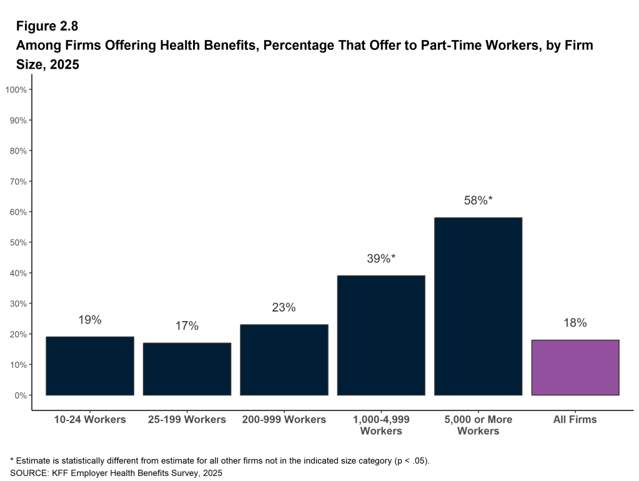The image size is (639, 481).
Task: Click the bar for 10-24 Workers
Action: coord(90,366)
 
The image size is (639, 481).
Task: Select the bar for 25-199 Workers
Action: coord(187,369)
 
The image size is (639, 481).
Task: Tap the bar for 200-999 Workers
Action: coord(284,360)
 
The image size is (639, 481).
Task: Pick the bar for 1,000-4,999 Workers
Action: coord(381,335)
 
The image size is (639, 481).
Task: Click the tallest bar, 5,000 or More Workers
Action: coord(478,306)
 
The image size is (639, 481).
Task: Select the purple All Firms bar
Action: coord(575,367)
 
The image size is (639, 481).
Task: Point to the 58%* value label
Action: coord(478,201)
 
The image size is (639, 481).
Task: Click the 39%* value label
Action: coord(381,258)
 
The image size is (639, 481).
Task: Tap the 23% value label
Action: coord(284,307)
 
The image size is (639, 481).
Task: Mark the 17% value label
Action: coord(187,326)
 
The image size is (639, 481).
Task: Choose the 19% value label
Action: coord(90,320)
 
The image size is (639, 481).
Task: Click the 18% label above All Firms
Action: coord(575,323)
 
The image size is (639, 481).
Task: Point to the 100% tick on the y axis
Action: coord(16,89)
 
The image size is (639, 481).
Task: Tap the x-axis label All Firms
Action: coord(575,419)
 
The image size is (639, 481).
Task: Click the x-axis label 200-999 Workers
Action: coord(284,419)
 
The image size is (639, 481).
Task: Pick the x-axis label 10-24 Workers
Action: coord(90,419)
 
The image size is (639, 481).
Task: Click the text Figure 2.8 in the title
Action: coord(46,26)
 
